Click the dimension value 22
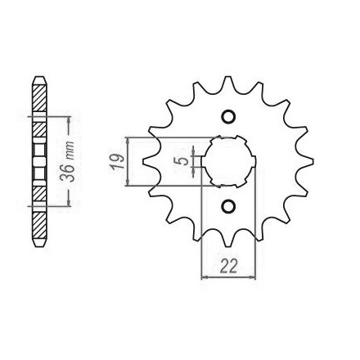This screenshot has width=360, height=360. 229,266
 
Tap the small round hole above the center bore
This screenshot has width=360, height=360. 228,116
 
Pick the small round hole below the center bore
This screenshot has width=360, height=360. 228,206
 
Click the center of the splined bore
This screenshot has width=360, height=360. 228,161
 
